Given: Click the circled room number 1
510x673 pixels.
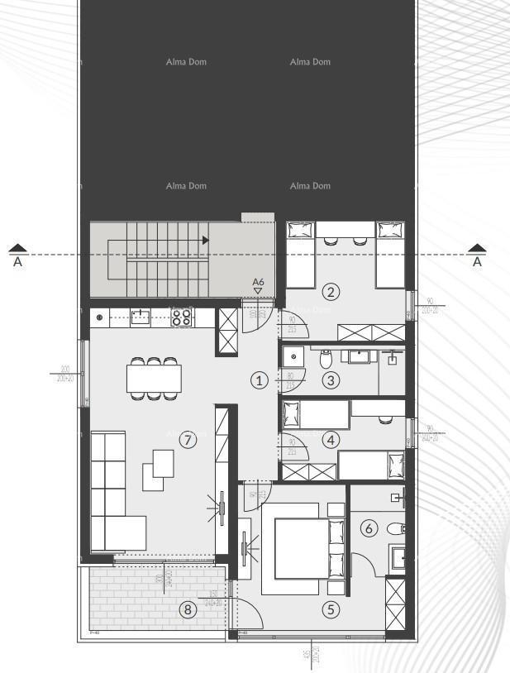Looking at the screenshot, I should click(260, 380).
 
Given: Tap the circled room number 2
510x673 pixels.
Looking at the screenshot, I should click(331, 291).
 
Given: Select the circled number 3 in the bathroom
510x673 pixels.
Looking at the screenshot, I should click(331, 380).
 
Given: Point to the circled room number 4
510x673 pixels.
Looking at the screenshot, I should click(331, 440).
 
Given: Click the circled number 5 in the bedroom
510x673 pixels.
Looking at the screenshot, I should click(331, 609).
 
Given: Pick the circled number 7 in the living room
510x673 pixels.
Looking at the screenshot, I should click(188, 440).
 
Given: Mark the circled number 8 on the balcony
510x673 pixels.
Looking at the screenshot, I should click(188, 610).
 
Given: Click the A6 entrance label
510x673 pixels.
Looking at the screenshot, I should click(259, 283).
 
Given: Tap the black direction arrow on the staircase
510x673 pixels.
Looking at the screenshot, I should click(205, 240).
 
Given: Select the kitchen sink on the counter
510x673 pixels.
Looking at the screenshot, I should click(141, 316).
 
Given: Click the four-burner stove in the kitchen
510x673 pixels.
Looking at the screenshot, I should click(182, 317).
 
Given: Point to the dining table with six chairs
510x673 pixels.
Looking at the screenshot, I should click(154, 379).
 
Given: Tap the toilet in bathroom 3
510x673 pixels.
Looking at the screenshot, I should click(326, 359).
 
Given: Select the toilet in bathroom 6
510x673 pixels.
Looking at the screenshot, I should click(396, 529).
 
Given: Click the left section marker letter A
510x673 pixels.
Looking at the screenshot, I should click(17, 262).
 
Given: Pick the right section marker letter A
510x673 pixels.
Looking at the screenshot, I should click(477, 262).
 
